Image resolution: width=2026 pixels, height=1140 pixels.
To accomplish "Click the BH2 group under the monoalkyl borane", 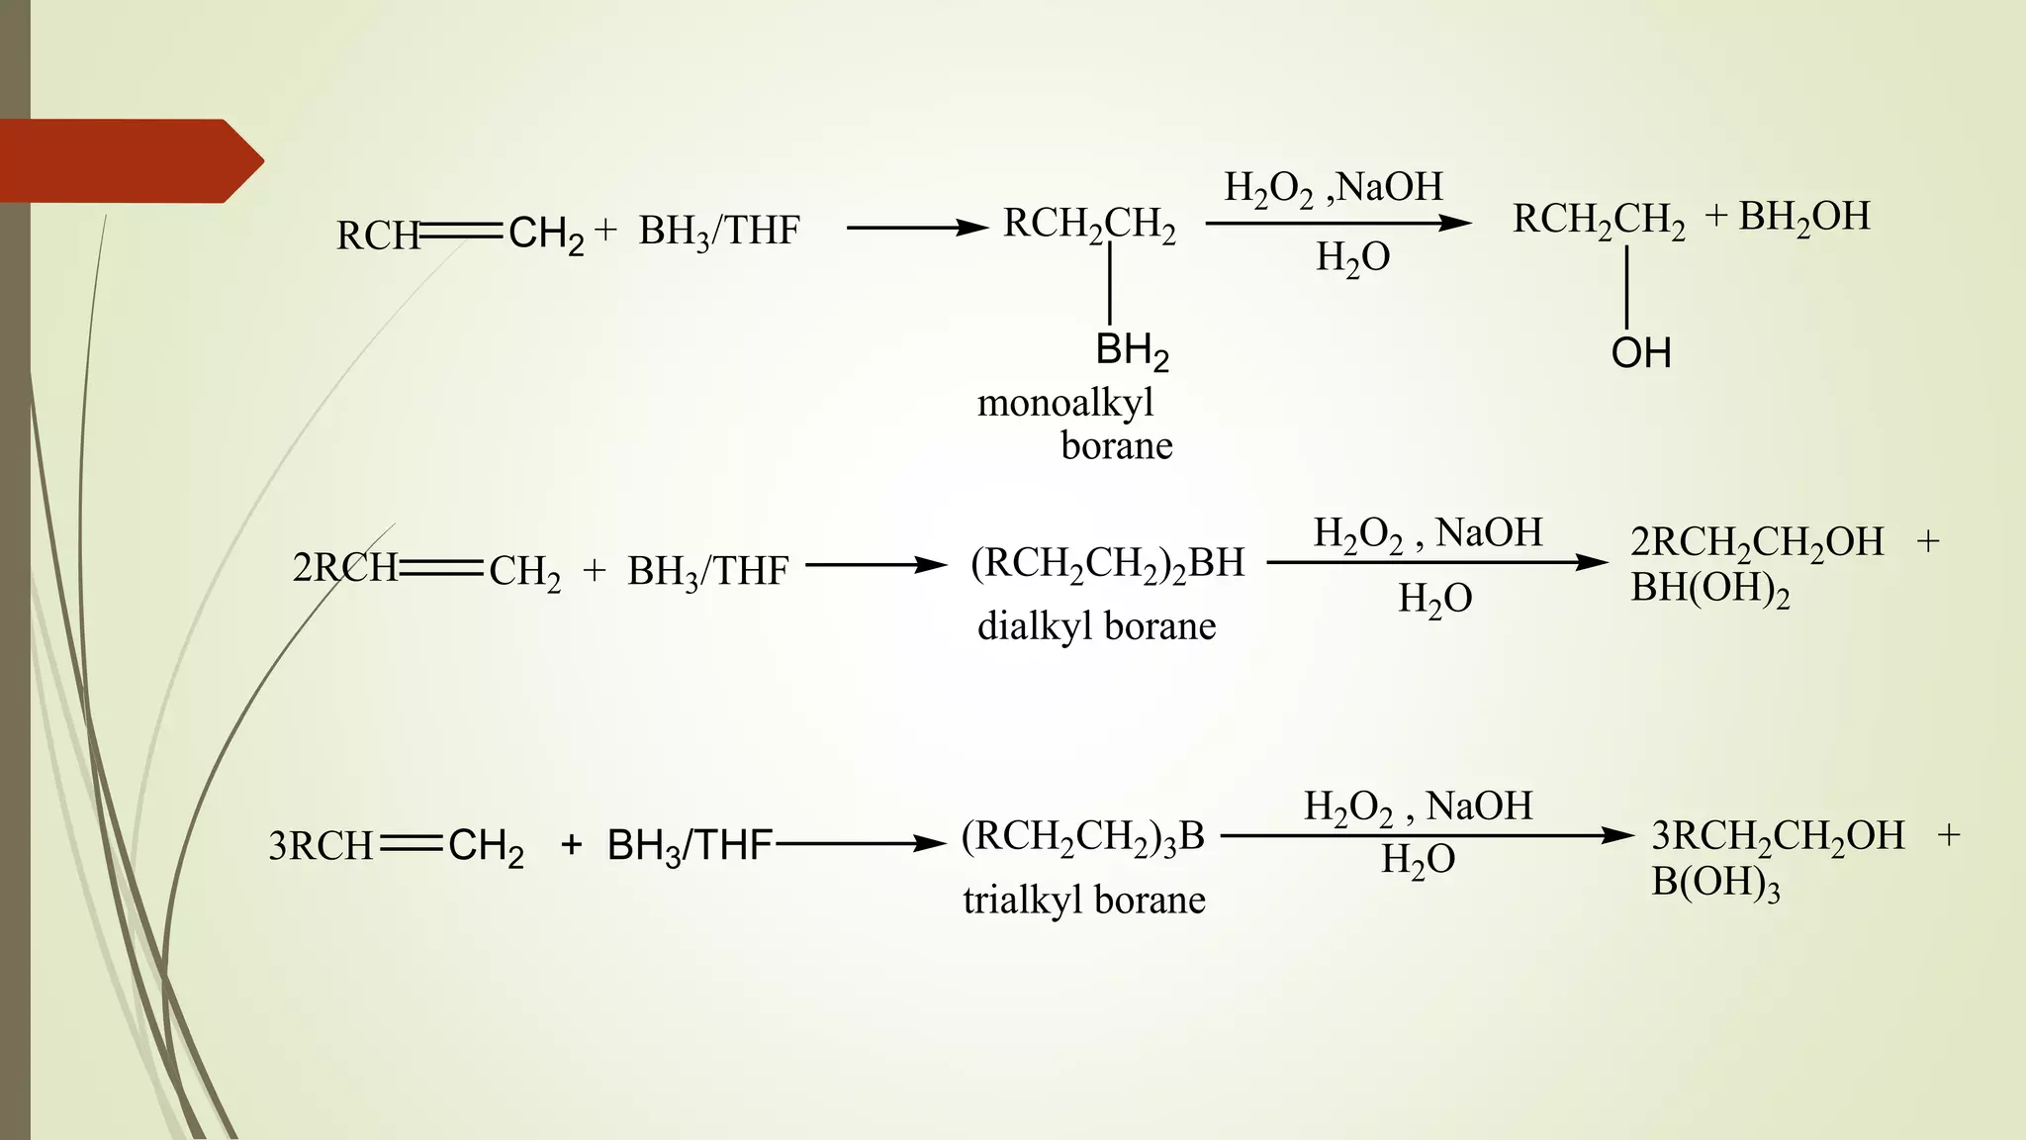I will click(1132, 351).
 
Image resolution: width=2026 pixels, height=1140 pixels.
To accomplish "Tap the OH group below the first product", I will click(1640, 353).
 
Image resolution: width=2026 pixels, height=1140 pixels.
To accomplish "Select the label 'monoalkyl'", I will click(1065, 403).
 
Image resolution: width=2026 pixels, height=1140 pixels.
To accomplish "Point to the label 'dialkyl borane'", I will click(1096, 626).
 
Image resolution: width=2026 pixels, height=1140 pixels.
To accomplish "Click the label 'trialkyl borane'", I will click(1084, 901).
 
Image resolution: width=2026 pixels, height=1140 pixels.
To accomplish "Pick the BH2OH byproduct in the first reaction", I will click(1803, 217).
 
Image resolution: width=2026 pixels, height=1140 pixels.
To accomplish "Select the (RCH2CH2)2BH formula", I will click(1107, 564).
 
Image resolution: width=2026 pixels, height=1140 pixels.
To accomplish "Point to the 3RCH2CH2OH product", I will click(1777, 837).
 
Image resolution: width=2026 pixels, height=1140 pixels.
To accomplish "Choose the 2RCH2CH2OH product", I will click(1757, 543).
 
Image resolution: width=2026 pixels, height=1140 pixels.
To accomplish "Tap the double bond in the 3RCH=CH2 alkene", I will click(411, 844).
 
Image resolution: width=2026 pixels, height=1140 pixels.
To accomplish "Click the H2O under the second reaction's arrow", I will click(1434, 599).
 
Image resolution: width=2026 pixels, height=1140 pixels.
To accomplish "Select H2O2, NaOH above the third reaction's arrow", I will click(1418, 807).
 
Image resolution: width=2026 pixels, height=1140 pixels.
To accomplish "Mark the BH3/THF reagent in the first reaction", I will click(718, 232).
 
